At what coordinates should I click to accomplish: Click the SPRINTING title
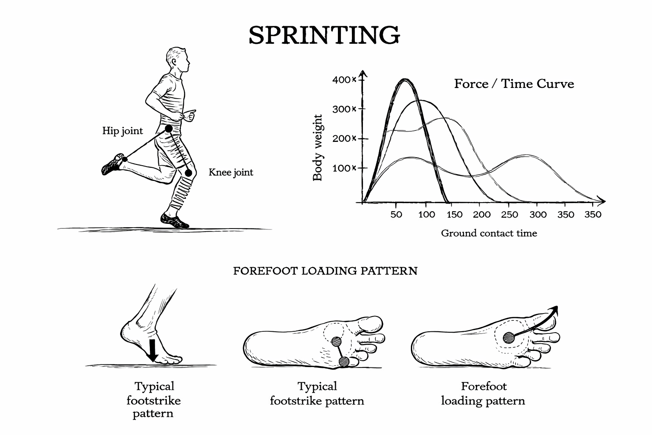click(x=324, y=35)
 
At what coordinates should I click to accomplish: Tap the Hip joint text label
click(x=123, y=131)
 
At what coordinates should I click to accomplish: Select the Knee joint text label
click(x=230, y=172)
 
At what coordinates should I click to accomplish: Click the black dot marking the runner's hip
click(x=169, y=128)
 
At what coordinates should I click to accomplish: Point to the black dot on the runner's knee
click(x=188, y=173)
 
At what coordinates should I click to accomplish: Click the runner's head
click(x=178, y=60)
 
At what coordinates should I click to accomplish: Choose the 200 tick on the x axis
click(x=482, y=215)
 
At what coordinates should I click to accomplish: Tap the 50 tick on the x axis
click(x=396, y=215)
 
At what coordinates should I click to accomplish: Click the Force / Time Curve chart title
click(x=514, y=84)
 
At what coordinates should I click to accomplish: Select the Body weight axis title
click(x=318, y=147)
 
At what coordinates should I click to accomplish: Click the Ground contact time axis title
click(x=489, y=233)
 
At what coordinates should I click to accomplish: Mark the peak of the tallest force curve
click(x=405, y=79)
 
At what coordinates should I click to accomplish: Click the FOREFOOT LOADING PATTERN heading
click(x=325, y=271)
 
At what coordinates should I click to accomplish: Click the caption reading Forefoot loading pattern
click(x=483, y=393)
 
